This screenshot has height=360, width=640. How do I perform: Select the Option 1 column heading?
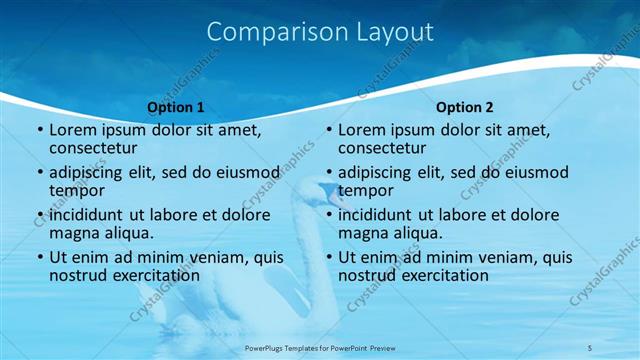(x=175, y=107)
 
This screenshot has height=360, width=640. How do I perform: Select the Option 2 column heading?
(x=465, y=107)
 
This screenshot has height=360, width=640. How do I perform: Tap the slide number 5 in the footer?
(x=590, y=347)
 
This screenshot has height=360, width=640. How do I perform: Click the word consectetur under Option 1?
(x=94, y=149)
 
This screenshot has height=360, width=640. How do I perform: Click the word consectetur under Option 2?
(x=383, y=149)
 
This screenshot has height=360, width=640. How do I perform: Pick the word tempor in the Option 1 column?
(x=77, y=191)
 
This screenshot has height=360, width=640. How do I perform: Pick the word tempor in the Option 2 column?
(x=366, y=191)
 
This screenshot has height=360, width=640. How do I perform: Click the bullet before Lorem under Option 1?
(x=40, y=131)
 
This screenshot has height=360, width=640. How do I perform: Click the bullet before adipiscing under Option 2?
(x=329, y=173)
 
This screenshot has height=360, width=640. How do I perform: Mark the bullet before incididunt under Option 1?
(x=40, y=215)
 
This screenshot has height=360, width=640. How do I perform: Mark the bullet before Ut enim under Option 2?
(x=329, y=257)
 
